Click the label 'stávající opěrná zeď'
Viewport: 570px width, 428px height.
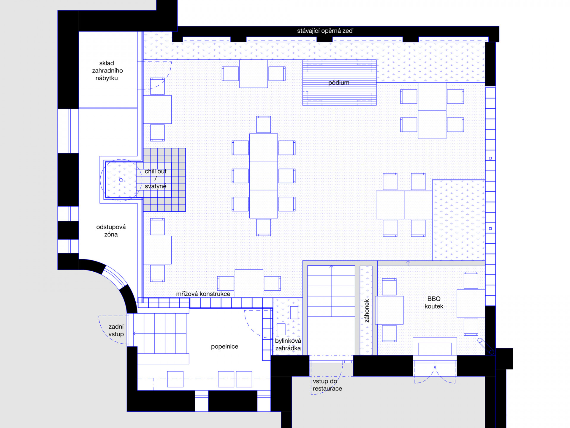(325, 31)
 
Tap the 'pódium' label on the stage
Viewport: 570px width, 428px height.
(339, 83)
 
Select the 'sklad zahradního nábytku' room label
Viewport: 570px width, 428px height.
(107, 70)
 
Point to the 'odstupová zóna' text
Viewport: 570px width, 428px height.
(111, 231)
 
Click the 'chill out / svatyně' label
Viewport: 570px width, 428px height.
(156, 179)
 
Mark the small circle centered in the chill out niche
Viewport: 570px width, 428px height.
(121, 180)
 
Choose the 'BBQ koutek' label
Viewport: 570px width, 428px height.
(434, 303)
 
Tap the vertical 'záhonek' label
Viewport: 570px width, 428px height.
(367, 311)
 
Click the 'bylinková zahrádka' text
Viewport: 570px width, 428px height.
(288, 344)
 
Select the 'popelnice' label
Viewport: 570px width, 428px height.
(224, 347)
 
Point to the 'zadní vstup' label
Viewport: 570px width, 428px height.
(116, 330)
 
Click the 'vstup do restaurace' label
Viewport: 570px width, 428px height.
(327, 385)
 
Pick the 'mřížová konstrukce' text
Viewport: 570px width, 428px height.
(203, 294)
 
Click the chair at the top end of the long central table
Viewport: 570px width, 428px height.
(264, 124)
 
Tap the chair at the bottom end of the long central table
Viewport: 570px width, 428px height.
(264, 227)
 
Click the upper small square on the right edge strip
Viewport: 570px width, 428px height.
(490, 158)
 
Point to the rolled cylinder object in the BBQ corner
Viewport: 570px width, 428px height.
(486, 346)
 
